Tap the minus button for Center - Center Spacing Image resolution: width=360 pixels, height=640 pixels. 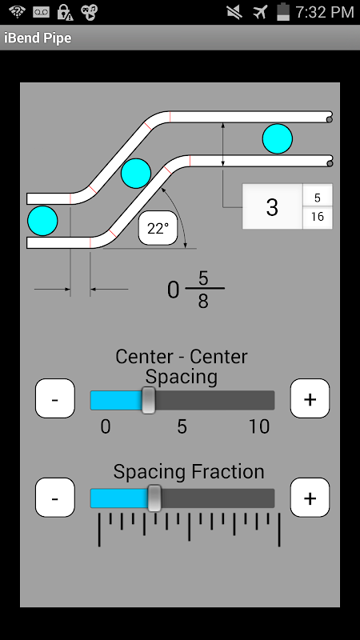[x=55, y=398]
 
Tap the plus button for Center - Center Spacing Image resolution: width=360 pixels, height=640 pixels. [x=310, y=398]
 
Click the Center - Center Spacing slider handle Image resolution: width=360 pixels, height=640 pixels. [x=148, y=401]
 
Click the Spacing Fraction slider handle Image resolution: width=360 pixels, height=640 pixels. [x=154, y=498]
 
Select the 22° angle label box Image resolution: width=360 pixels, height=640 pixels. [x=158, y=228]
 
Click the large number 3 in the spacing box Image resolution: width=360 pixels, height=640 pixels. [x=272, y=207]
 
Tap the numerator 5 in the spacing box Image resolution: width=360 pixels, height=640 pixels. [x=318, y=198]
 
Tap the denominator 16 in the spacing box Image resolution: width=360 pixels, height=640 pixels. [x=318, y=216]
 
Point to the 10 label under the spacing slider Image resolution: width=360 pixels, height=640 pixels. [x=259, y=427]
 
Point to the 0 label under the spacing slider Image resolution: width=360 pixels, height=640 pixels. [x=106, y=427]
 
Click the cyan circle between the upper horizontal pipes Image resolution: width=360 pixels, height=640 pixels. [x=278, y=138]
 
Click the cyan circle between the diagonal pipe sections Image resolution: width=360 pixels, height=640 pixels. [x=136, y=174]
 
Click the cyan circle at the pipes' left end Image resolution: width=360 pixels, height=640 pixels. [x=42, y=221]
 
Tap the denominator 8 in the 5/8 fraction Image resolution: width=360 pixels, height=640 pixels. [x=203, y=302]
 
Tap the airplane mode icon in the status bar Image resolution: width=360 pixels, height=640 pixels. [x=260, y=12]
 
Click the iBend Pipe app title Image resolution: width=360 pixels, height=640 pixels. [x=38, y=38]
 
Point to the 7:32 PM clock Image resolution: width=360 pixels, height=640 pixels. [x=325, y=12]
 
